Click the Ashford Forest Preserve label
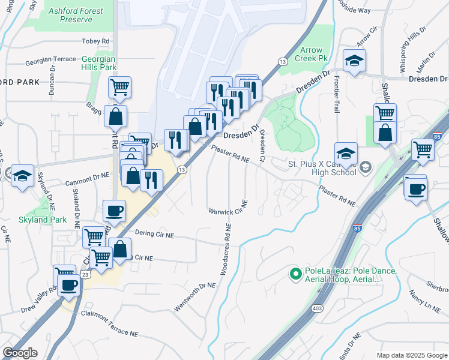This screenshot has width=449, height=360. tap(76, 15)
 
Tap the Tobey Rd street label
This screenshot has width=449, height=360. tap(97, 41)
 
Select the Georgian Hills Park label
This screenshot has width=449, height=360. tap(99, 64)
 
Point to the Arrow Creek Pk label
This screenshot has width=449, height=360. tap(312, 55)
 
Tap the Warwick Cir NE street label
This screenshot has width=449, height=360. tap(228, 211)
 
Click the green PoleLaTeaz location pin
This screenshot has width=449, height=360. tap(295, 274)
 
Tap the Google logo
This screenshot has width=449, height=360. tap(20, 353)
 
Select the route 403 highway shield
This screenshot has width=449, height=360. tap(316, 308)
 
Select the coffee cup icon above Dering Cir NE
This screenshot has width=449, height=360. tap(115, 211)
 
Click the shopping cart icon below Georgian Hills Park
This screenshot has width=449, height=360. tap(119, 87)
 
